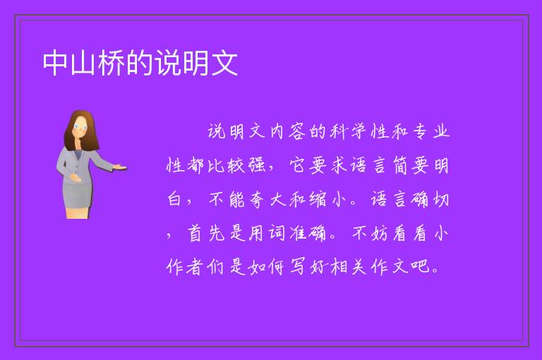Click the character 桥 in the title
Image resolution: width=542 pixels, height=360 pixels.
coord(112,63)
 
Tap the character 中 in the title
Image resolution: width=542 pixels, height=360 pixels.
coord(55,63)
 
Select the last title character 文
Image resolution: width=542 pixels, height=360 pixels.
coord(224,63)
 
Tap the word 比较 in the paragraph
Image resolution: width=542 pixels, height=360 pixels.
coord(226,165)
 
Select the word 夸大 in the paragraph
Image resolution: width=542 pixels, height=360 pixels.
coord(267,200)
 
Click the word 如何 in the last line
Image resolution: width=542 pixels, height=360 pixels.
coord(267,267)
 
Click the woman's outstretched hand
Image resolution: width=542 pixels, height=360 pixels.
coord(119,167)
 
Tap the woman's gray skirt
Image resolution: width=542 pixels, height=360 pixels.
coord(78,194)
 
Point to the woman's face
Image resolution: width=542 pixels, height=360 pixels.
coord(80,128)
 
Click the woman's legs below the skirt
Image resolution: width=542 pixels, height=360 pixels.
coord(78,212)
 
